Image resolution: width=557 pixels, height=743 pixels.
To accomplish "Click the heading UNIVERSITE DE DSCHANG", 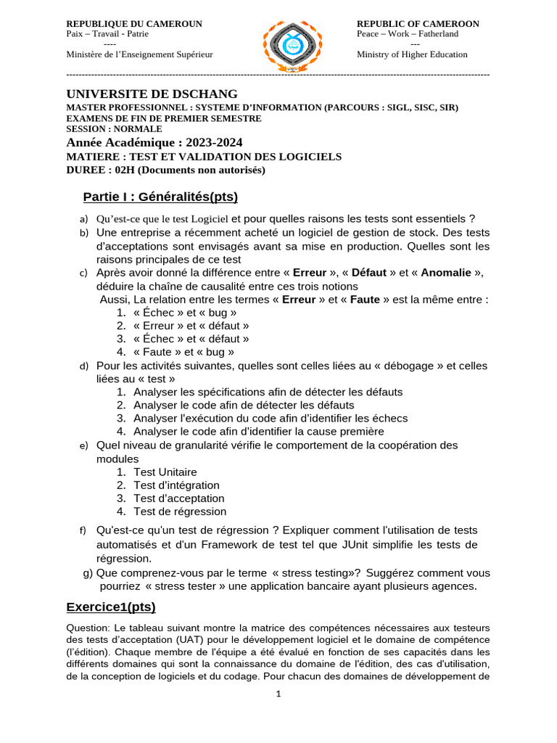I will coord(152,94).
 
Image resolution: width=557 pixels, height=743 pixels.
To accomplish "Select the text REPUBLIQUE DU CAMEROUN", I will coord(134,24).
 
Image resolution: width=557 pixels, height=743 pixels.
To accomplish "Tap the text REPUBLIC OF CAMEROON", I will coord(418,24).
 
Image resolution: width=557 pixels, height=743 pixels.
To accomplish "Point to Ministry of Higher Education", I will coord(412,54).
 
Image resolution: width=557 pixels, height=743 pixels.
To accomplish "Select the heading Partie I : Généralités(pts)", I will coord(160,197).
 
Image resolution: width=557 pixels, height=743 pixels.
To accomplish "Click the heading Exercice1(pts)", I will coord(111,607).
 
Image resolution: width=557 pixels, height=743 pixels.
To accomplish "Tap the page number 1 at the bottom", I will coord(278,694).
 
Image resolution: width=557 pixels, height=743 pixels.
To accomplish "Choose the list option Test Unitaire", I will coord(165,472).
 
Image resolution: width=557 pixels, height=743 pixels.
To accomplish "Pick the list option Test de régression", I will coord(180,512).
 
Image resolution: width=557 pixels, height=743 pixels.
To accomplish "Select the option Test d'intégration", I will coord(176,485).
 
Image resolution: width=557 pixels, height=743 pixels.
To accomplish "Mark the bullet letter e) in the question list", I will coord(83,446).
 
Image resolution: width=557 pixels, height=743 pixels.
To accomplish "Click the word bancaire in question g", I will coord(337,586).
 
